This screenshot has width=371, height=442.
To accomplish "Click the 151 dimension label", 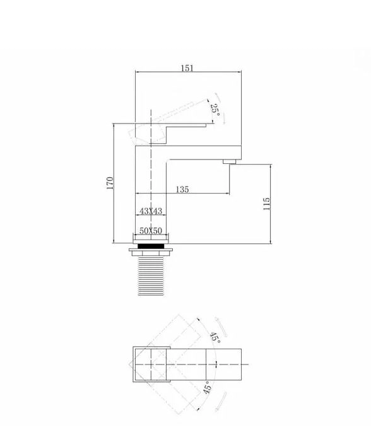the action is (x=187, y=68).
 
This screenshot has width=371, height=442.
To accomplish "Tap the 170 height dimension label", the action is (x=110, y=183).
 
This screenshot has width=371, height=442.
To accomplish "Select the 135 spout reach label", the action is (x=182, y=189).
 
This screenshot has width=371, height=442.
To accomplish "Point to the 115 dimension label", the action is (x=266, y=204).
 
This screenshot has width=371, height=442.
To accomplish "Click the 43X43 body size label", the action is (x=151, y=211).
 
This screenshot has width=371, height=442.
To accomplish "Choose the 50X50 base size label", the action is (x=151, y=231).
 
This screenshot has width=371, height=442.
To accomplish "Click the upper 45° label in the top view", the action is (x=215, y=336).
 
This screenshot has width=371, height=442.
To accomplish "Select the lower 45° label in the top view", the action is (x=208, y=387).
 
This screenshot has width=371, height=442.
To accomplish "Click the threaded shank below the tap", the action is (x=151, y=276).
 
